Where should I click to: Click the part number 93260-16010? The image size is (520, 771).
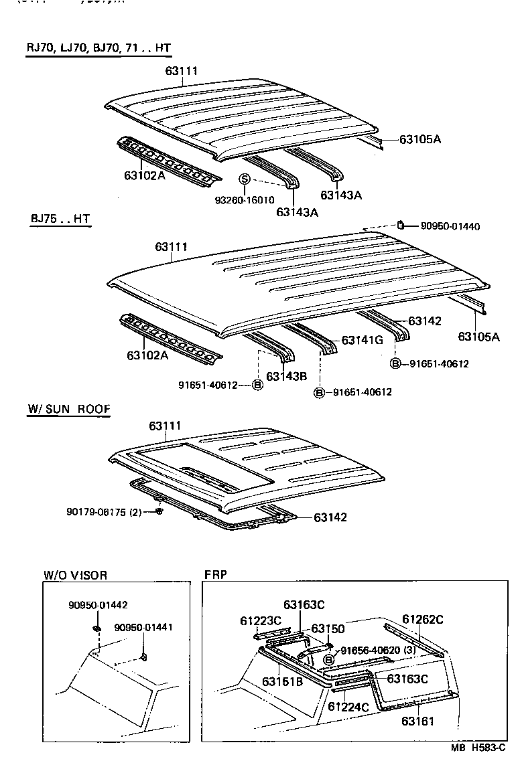point(245,200)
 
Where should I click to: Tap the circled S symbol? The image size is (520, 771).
point(245,179)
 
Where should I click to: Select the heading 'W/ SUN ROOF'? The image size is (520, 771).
point(68,409)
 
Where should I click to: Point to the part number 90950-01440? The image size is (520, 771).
point(450,227)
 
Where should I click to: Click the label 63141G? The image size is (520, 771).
point(362,340)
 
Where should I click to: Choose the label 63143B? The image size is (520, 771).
point(286,376)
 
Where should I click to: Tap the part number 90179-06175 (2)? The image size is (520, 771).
point(104,512)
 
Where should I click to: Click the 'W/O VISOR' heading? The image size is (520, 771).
point(75,575)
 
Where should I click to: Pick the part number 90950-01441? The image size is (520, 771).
point(143,628)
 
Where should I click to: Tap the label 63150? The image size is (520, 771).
point(328,629)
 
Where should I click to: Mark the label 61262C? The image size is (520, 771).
point(422,619)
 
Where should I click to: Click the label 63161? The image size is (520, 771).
point(418,721)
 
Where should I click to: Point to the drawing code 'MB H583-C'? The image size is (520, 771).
point(478,750)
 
